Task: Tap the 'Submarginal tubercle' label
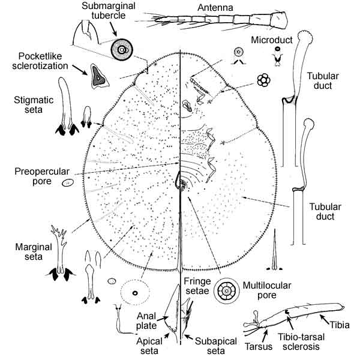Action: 109,11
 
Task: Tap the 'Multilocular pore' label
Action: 259,290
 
